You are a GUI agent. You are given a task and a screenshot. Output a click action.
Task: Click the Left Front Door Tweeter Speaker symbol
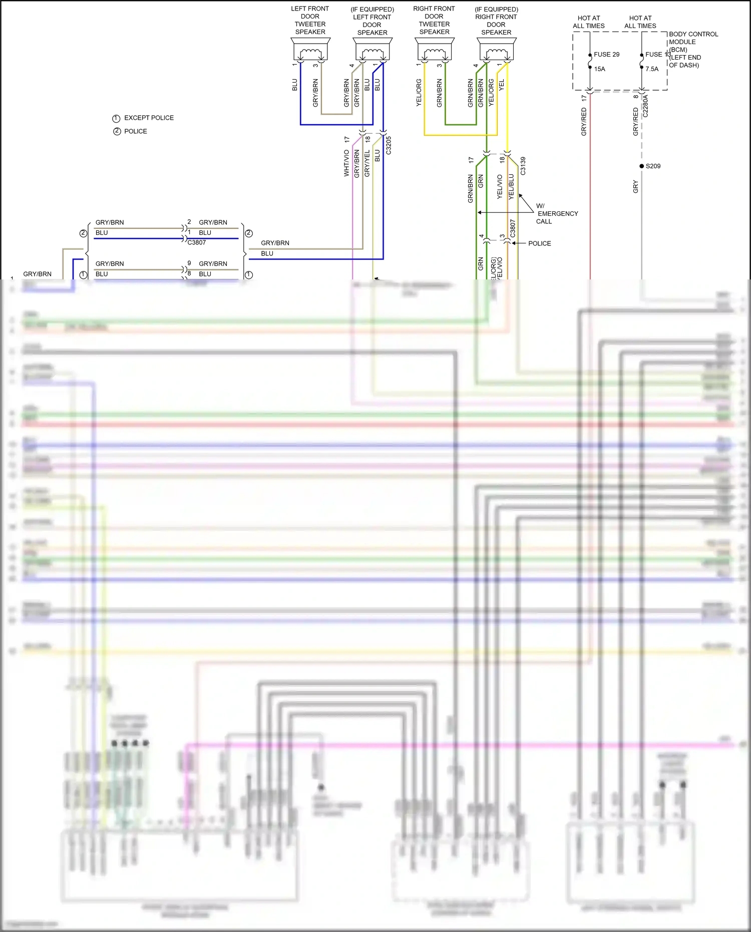pyautogui.click(x=310, y=50)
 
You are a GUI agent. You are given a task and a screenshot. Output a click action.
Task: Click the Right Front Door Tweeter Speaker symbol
pyautogui.click(x=435, y=50)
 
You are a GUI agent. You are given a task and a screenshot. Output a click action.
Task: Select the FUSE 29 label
pyautogui.click(x=606, y=55)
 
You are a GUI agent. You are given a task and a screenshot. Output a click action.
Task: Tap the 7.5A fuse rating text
pyautogui.click(x=652, y=69)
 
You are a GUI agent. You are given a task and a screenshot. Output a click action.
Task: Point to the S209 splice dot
pyautogui.click(x=642, y=166)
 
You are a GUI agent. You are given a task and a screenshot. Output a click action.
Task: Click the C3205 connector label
pyautogui.click(x=389, y=145)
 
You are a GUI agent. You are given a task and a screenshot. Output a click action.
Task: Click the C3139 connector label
pyautogui.click(x=523, y=166)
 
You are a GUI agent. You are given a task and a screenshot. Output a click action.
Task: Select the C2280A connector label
pyautogui.click(x=645, y=106)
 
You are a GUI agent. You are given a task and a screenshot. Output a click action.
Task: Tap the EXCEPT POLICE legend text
pyautogui.click(x=149, y=118)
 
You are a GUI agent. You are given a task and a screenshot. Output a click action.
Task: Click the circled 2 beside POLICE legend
pyautogui.click(x=117, y=131)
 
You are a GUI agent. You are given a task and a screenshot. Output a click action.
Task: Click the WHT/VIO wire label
pyautogui.click(x=346, y=163)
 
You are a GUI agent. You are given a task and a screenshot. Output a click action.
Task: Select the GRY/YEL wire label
pyautogui.click(x=367, y=163)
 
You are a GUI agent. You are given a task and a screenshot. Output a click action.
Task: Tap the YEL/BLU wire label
pyautogui.click(x=511, y=187)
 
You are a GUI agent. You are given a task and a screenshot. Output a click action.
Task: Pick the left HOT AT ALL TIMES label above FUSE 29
pyautogui.click(x=589, y=22)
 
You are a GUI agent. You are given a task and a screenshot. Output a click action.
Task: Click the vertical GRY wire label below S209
pyautogui.click(x=636, y=187)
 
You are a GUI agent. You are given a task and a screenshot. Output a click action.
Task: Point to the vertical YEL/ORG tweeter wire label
pyautogui.click(x=419, y=93)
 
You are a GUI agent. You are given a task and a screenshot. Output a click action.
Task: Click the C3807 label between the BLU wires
pyautogui.click(x=196, y=242)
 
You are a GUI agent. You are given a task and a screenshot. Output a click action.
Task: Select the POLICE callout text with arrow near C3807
pyautogui.click(x=539, y=243)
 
